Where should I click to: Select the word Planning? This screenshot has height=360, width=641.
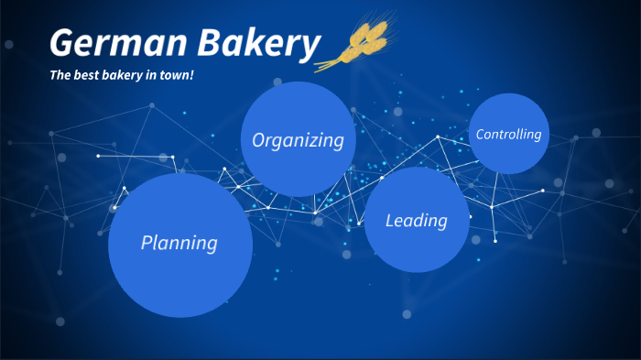pyautogui.click(x=179, y=243)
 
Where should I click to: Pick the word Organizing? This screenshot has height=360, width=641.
pyautogui.click(x=298, y=140)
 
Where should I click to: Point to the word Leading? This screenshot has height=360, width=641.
pyautogui.click(x=417, y=220)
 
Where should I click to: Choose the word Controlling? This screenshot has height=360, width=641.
pyautogui.click(x=509, y=134)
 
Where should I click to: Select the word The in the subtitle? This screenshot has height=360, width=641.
pyautogui.click(x=60, y=74)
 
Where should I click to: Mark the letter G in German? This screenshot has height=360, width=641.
pyautogui.click(x=63, y=43)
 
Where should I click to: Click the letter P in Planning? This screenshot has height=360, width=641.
pyautogui.click(x=147, y=243)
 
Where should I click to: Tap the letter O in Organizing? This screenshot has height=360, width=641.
pyautogui.click(x=259, y=140)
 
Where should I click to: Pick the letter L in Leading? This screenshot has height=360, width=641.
pyautogui.click(x=390, y=220)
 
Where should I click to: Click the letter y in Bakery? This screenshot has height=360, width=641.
pyautogui.click(x=311, y=46)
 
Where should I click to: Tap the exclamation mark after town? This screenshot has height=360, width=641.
pyautogui.click(x=192, y=74)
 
